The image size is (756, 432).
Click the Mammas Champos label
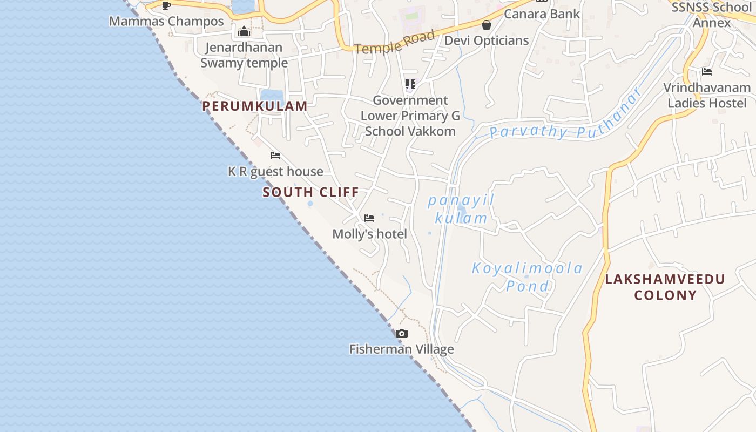166,22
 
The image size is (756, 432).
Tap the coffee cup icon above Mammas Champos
166,6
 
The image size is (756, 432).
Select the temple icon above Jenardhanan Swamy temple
244,31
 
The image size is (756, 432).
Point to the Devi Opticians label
487,40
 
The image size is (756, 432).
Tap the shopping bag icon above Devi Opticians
487,25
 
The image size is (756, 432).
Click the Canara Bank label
542,14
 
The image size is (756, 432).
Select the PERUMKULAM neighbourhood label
255,106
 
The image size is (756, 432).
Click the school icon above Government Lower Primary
410,84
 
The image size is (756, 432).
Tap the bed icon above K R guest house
275,156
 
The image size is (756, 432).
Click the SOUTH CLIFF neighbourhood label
310,192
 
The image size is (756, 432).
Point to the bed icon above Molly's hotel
369,218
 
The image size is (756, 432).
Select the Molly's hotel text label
369,234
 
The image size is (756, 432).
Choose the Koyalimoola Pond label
527,276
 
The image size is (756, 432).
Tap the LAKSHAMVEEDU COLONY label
665,287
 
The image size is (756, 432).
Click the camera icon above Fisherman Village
401,334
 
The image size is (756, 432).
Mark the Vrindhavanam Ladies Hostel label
707,96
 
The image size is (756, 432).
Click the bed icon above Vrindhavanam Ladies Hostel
707,72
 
